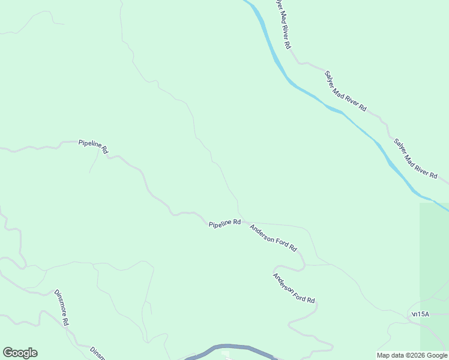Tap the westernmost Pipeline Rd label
93,146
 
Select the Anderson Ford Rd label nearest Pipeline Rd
273,238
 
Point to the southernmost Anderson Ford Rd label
294,289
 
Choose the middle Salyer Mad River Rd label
345,91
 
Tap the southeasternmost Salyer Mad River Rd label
415,158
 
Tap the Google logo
20,353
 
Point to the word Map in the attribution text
384,355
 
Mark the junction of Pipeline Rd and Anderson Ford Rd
242,220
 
